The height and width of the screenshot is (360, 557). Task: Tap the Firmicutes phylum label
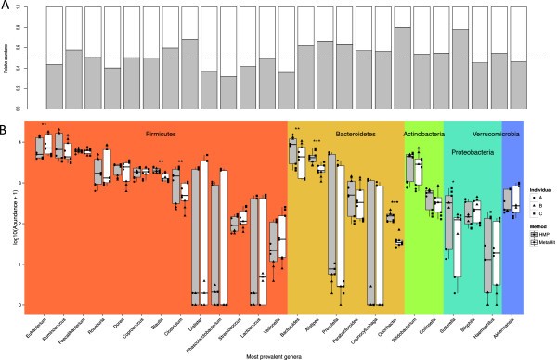(136, 133)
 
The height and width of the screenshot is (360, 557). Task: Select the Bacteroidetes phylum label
(345, 133)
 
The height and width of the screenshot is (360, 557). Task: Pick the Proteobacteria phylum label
(473, 147)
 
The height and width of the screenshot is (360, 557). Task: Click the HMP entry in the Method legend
(535, 234)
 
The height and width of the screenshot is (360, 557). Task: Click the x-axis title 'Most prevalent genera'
(278, 354)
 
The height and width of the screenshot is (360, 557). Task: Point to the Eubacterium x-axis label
(35, 322)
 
